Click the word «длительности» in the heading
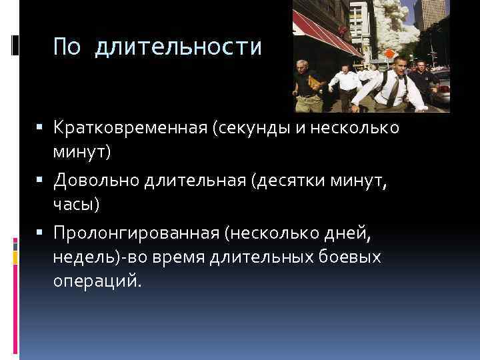tap(179, 47)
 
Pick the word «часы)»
tap(76, 204)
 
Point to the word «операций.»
tap(97, 281)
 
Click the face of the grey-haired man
tap(303, 67)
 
